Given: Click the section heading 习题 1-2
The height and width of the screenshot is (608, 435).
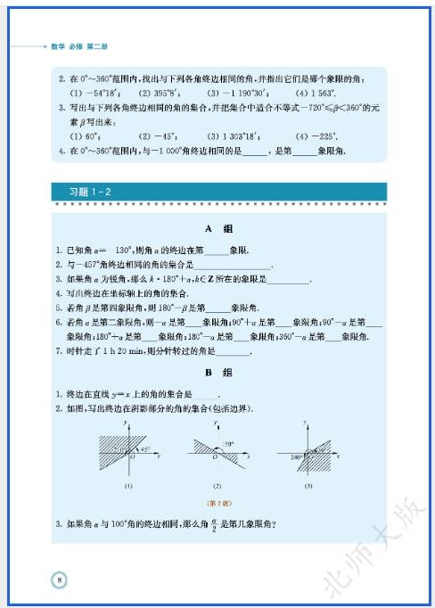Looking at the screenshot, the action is [90, 192].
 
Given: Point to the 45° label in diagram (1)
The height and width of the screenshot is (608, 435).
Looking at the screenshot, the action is [145, 450].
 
